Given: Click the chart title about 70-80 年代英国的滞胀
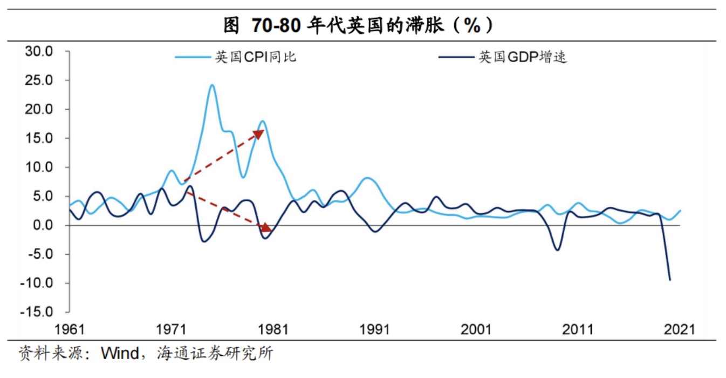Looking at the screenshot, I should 358,25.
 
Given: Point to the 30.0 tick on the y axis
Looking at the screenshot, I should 39,52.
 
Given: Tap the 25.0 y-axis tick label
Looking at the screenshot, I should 39,80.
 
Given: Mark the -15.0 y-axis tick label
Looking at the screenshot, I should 37,312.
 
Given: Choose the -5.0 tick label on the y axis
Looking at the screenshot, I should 39,254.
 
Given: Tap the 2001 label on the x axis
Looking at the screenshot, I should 476,329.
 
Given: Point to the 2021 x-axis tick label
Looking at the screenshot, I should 679,329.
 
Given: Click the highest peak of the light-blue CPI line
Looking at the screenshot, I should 212,85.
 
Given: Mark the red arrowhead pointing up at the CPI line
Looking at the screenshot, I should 259,132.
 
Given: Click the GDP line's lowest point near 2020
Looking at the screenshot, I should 670,279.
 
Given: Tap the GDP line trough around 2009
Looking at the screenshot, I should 557,249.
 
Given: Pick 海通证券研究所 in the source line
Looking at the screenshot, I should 215,354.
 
